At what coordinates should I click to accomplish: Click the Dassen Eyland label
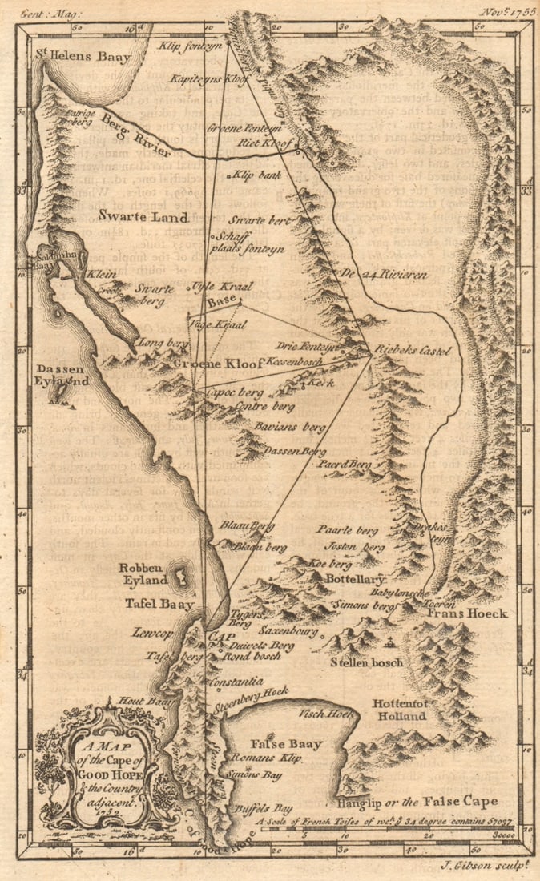pyautogui.click(x=62, y=376)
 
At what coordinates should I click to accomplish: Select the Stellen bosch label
pyautogui.click(x=367, y=663)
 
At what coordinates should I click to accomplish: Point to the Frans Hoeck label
pyautogui.click(x=458, y=613)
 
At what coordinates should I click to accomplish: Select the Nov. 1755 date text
pyautogui.click(x=506, y=13)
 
